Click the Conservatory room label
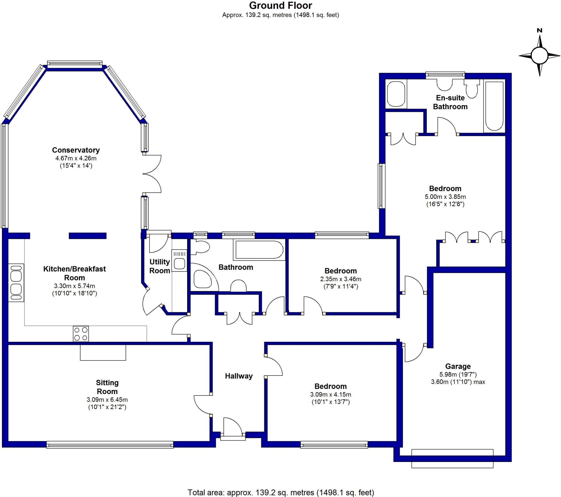[76, 150]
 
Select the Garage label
[458, 366]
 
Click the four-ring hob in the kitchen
[81, 334]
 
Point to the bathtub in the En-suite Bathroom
[494, 106]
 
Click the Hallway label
[239, 376]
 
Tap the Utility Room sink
[179, 260]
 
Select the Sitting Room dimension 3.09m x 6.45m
[107, 400]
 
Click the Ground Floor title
[280, 5]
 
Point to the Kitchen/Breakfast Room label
[75, 273]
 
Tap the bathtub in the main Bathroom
[259, 250]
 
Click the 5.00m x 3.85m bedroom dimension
[445, 197]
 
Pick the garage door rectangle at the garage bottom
[452, 458]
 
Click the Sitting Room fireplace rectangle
[103, 352]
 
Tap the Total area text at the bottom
[281, 492]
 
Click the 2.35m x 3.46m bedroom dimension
[340, 279]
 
